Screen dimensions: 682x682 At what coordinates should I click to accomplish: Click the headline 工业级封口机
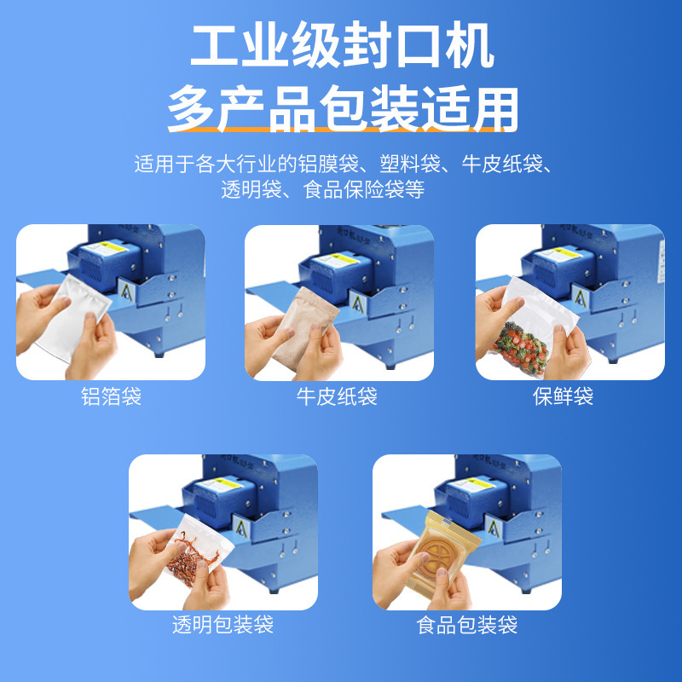coord(341,48)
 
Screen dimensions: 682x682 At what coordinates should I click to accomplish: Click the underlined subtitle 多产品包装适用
coord(341,110)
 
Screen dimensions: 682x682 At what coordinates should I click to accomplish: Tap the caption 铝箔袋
coord(111,396)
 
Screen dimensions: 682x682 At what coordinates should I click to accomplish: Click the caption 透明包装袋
coord(223,625)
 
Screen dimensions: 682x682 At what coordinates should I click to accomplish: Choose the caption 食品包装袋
coord(466,625)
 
